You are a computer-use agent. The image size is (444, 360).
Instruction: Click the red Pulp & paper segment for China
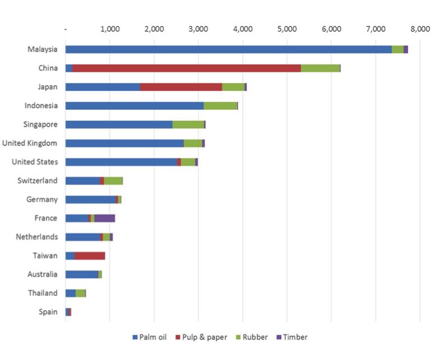coord(186,68)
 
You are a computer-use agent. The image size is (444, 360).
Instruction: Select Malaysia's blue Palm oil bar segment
coord(228,49)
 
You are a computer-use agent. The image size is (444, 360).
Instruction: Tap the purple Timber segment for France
coord(105,218)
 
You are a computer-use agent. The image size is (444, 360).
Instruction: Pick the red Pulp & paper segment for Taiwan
coord(90,256)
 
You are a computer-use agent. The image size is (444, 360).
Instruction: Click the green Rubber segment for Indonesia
coord(220,106)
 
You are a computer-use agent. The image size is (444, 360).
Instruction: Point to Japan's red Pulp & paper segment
coord(181,87)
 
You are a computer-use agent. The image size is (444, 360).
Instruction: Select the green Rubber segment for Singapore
coord(188,124)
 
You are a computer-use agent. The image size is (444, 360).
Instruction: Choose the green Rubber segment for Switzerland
coord(113,181)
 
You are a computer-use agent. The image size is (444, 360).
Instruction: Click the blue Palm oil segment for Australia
coord(82,274)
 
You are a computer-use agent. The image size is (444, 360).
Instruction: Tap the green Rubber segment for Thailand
coord(80,293)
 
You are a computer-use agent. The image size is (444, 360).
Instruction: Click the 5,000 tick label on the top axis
coord(286,29)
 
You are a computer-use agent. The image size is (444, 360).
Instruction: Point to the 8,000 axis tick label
coord(419,29)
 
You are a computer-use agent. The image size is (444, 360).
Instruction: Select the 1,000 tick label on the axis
coord(109,29)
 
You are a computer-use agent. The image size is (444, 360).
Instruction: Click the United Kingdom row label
coord(29,143)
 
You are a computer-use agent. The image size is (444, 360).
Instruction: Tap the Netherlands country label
coord(36,237)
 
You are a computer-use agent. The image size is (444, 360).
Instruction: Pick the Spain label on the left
coord(48,312)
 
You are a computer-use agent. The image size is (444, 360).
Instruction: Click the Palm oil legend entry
coord(153,337)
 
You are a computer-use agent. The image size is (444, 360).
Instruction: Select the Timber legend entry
coord(295,337)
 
